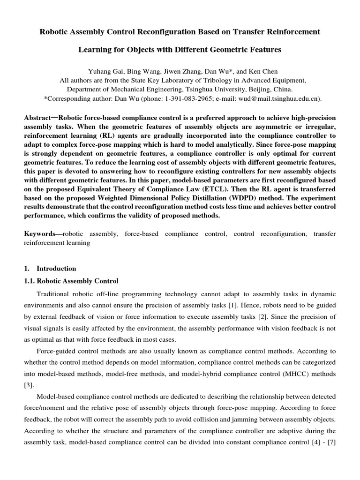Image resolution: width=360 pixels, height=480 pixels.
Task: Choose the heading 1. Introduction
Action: coord(50,269)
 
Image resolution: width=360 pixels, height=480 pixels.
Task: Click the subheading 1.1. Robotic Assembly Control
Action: coord(71,281)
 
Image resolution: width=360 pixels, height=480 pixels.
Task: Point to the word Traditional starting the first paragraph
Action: coord(54,294)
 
